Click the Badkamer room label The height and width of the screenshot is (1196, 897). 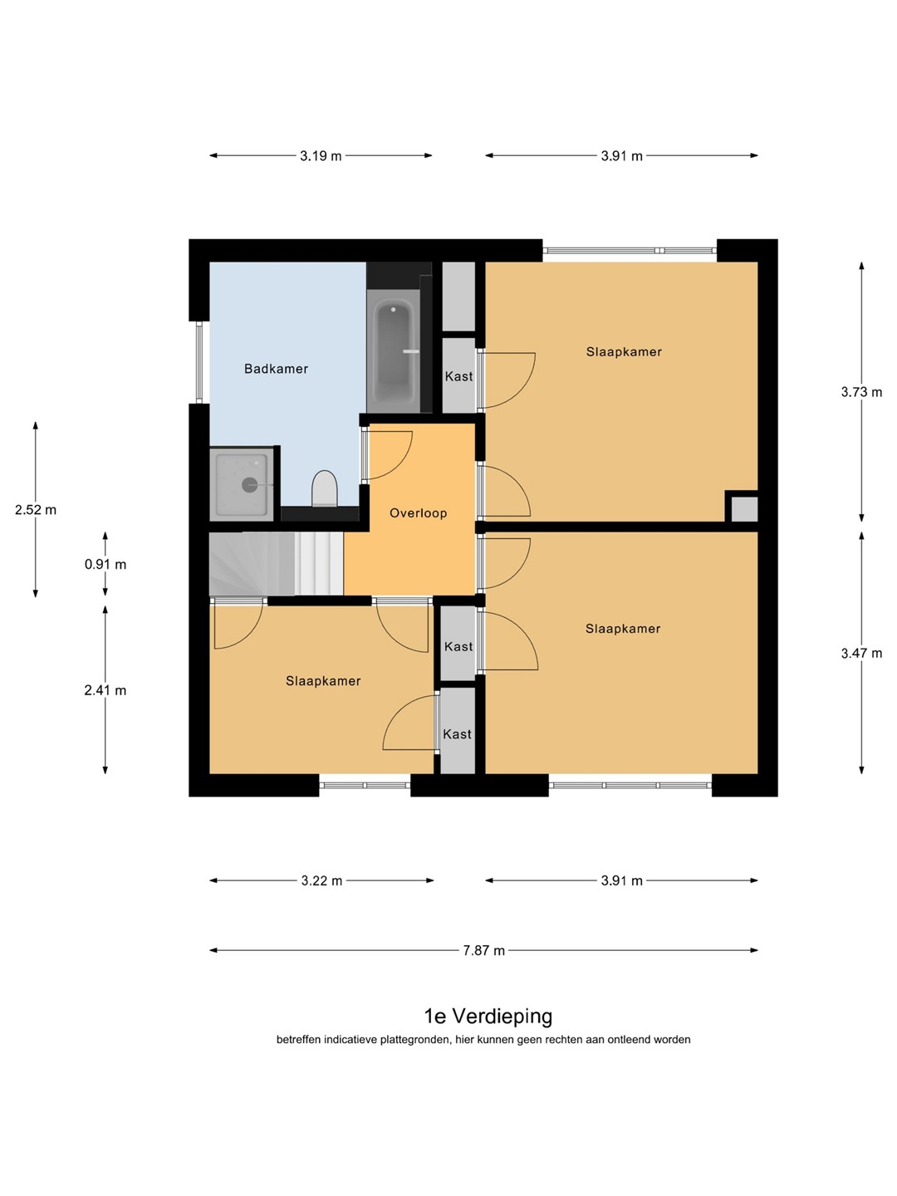tap(276, 369)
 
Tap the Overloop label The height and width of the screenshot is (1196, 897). tap(419, 512)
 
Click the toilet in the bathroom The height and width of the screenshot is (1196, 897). tap(325, 488)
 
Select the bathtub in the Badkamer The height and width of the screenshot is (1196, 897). tap(394, 350)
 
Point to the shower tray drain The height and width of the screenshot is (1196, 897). tap(249, 484)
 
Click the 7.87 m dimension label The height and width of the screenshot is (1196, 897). tap(483, 950)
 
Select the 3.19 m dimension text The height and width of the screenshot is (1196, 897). tap(321, 156)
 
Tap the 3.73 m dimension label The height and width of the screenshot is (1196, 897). tap(861, 392)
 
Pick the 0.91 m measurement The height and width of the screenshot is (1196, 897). tap(105, 565)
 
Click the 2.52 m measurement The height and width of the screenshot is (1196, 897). tap(36, 510)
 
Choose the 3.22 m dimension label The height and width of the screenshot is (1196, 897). tap(322, 880)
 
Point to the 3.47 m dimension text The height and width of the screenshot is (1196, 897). tap(861, 653)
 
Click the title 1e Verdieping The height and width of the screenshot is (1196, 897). tap(488, 1017)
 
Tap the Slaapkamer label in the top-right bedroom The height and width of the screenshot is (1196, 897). tap(624, 351)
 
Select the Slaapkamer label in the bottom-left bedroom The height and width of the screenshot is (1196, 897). tap(324, 680)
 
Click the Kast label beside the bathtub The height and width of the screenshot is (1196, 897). tap(459, 376)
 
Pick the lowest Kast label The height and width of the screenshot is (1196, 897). tap(457, 734)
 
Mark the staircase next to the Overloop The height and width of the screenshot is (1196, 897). tap(276, 564)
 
